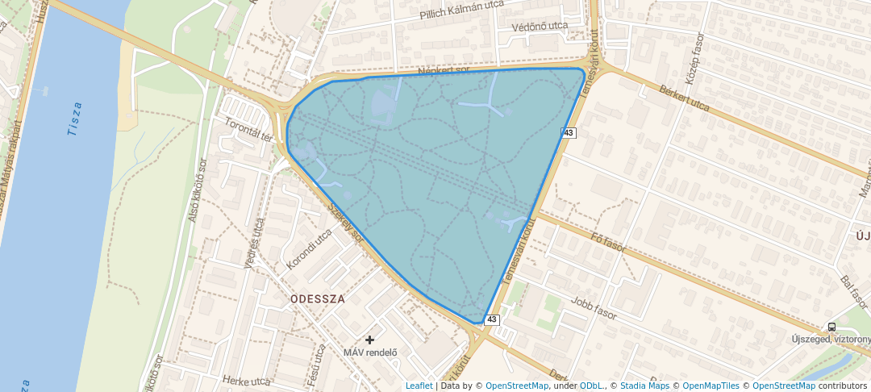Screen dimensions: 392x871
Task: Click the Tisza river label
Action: [74, 119]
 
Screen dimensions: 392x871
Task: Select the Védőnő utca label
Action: [540, 27]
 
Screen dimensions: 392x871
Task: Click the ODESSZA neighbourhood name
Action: [318, 298]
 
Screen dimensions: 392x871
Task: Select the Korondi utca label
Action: [309, 249]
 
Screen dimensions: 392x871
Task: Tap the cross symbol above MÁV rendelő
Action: [370, 340]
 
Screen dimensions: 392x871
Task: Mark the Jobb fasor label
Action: [593, 309]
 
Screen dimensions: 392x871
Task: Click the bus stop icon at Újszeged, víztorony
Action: [831, 327]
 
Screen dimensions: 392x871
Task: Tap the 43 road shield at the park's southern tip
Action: [492, 320]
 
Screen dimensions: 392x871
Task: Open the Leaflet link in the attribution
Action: [419, 386]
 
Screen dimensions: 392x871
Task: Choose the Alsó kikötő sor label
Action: [198, 190]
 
